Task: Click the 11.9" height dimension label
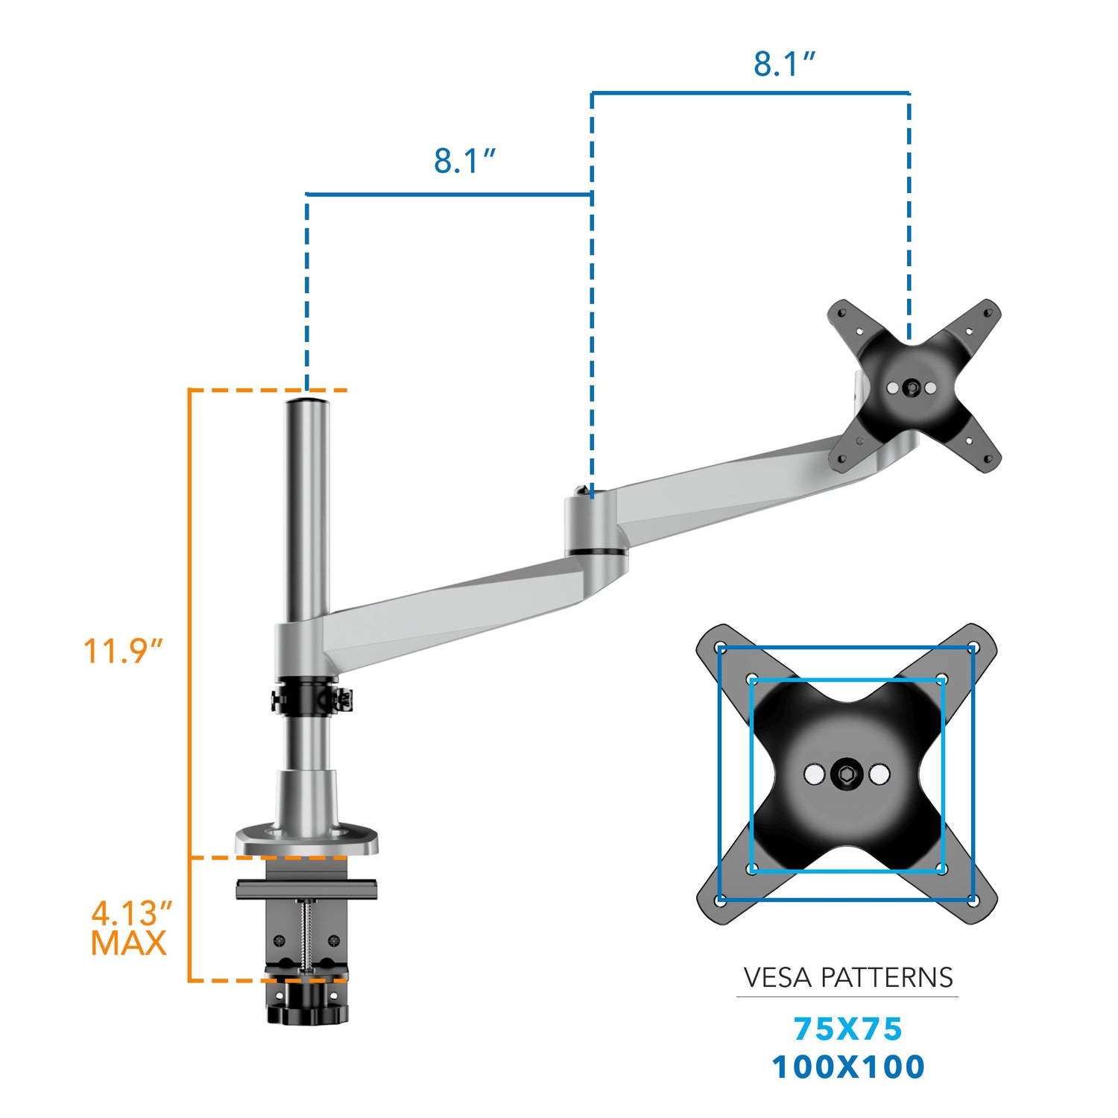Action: click(122, 651)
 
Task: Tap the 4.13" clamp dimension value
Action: click(131, 913)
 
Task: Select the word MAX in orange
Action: click(128, 944)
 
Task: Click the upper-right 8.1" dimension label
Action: click(784, 64)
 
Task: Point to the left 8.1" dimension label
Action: click(464, 161)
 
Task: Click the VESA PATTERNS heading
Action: click(847, 977)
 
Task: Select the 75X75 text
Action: click(847, 1029)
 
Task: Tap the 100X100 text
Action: click(847, 1067)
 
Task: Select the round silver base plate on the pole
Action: click(306, 839)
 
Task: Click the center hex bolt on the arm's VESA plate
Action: click(911, 388)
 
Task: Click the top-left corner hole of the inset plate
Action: click(721, 648)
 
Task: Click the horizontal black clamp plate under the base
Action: click(306, 888)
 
